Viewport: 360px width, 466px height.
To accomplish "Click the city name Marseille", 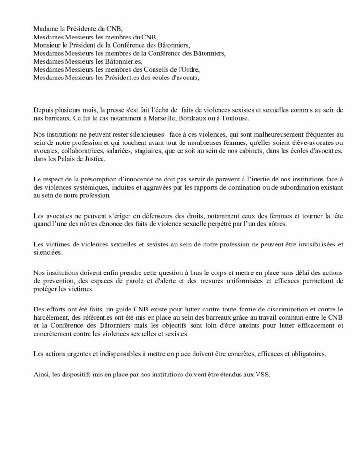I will click(x=145, y=118).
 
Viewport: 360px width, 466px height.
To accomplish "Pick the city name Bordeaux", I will click(x=180, y=118).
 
